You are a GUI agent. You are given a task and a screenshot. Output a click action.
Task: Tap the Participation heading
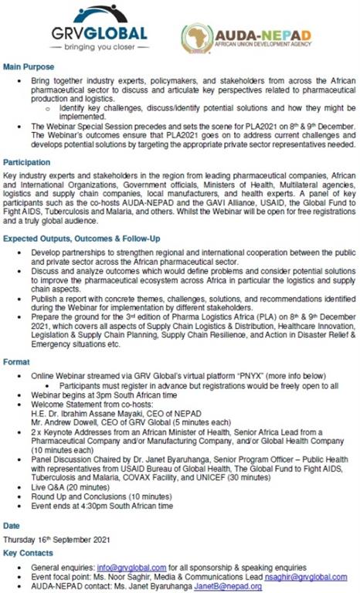(x=27, y=164)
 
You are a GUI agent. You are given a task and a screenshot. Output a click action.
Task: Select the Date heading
(x=12, y=525)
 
